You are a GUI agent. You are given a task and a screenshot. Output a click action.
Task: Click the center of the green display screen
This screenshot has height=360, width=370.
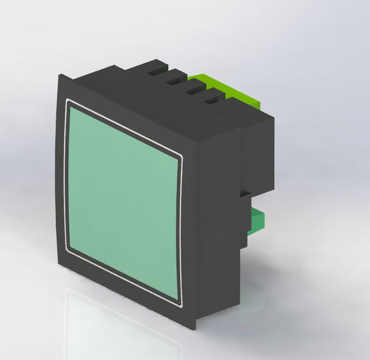[124, 203]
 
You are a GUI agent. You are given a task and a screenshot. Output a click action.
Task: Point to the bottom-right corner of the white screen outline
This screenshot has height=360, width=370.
[181, 308]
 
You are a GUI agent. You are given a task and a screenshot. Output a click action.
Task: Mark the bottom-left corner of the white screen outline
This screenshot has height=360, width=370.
[67, 250]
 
